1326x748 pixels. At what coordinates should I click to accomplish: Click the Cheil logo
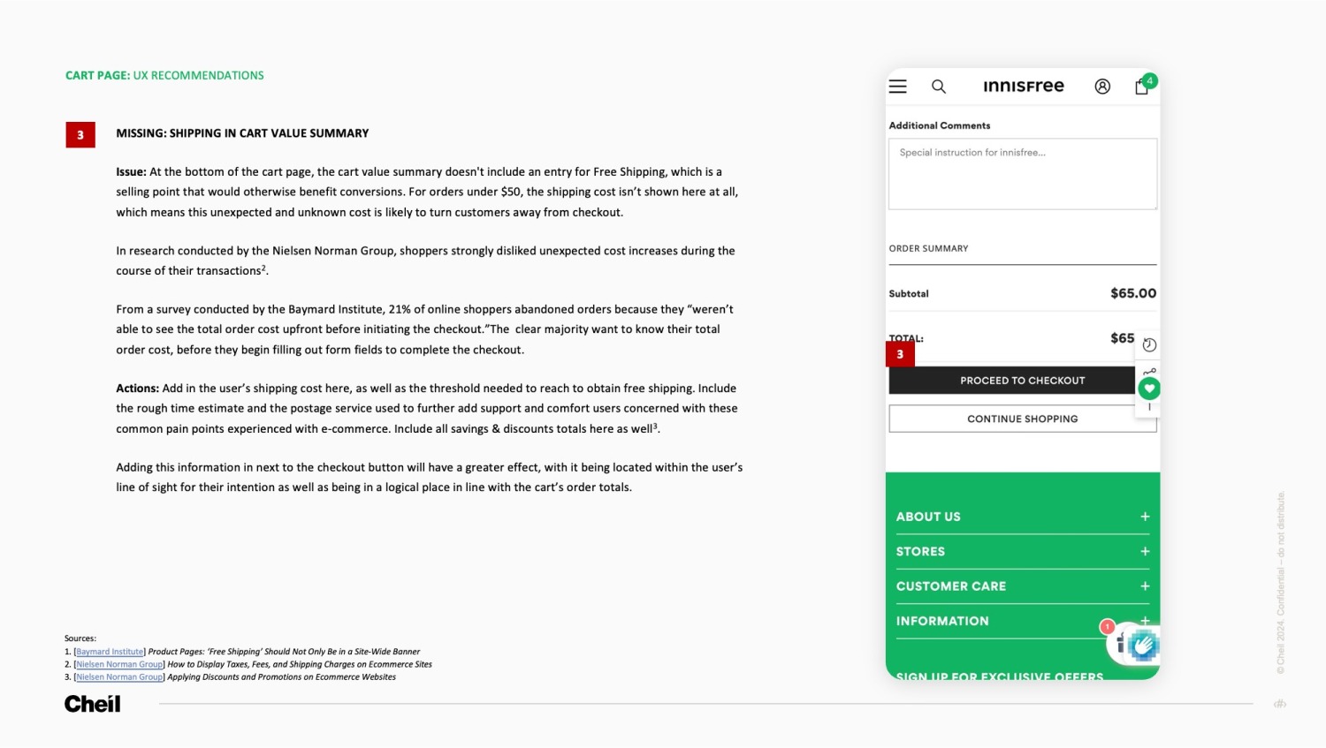92,704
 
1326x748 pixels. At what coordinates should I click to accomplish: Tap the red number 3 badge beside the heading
80,134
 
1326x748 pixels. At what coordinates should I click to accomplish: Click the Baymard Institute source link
110,652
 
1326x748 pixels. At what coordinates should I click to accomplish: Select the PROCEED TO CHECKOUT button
1011,381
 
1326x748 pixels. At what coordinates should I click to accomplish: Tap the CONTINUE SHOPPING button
1022,419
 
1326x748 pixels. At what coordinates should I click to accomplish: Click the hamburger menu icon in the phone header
898,87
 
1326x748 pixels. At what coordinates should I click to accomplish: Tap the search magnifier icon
939,87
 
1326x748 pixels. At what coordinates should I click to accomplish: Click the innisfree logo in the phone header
1024,86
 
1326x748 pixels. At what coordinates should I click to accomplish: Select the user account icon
1102,87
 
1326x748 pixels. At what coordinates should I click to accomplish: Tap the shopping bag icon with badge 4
1142,87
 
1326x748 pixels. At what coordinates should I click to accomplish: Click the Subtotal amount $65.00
1133,293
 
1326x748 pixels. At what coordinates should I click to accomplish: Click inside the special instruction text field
1022,174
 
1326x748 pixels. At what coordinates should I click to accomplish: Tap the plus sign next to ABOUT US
1145,517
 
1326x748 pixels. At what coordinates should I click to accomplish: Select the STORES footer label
920,551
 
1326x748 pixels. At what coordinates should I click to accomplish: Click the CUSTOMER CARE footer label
951,586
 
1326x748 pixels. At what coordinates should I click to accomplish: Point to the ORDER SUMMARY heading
928,248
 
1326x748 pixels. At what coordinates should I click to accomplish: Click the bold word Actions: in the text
137,389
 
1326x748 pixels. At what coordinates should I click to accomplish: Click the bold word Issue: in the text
131,172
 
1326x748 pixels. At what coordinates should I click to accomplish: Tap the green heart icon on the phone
1149,388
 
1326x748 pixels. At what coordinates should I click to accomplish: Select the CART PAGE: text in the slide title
97,76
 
